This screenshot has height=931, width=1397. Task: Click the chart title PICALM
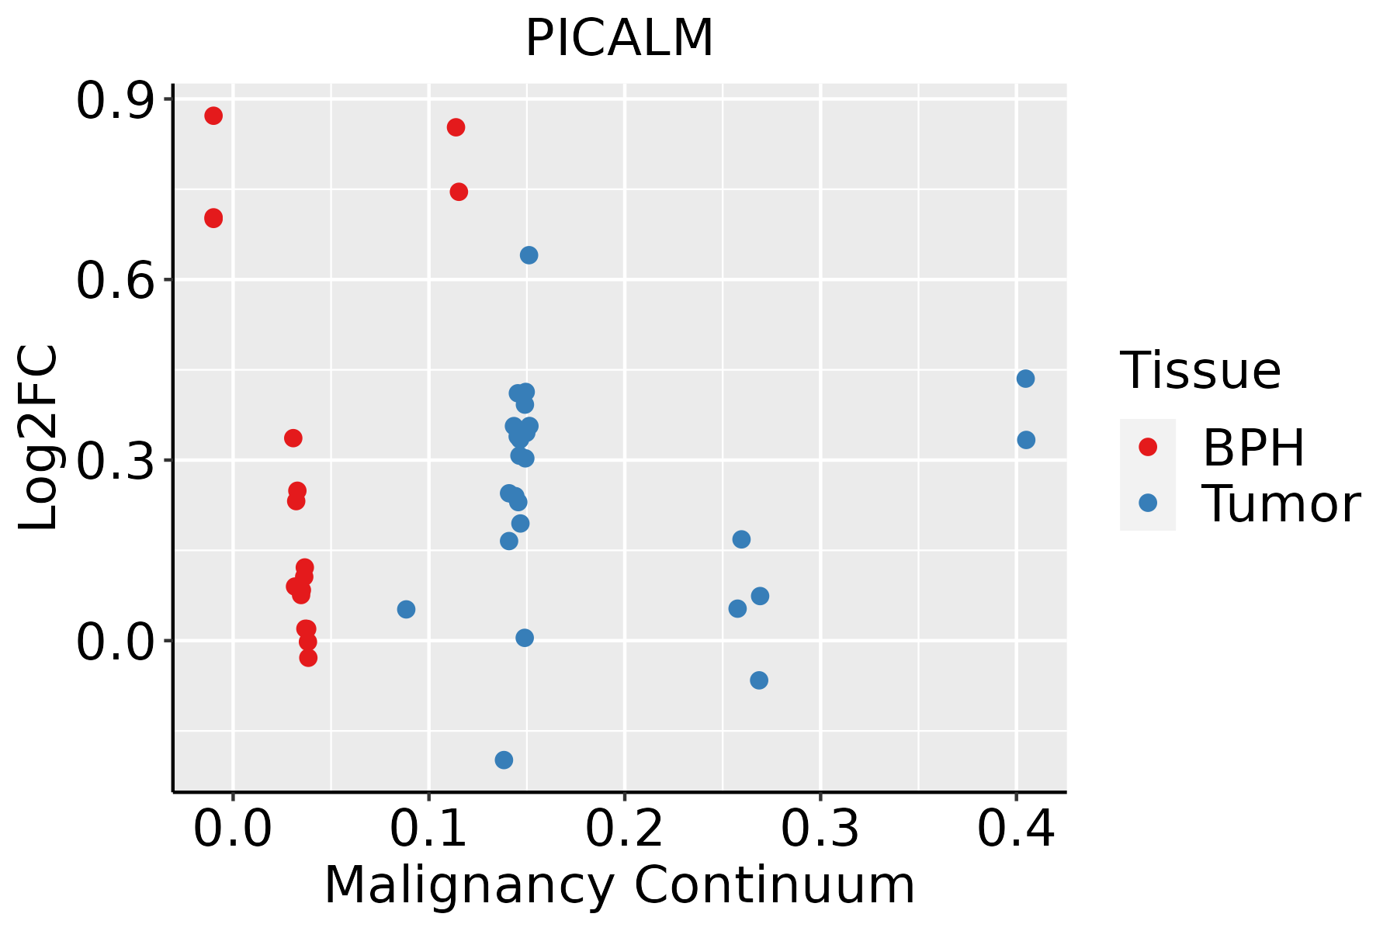coord(619,39)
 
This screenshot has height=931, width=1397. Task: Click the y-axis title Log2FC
coord(39,438)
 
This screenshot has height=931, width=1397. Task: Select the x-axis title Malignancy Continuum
coord(619,885)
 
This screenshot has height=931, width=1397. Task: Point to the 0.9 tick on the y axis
coord(114,102)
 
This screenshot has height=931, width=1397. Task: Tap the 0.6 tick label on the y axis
coord(114,281)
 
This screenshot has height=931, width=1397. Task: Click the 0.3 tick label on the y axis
coord(114,461)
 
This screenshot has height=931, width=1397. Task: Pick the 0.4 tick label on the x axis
coord(1015,829)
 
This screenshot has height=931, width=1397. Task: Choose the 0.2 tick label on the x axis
coord(624,829)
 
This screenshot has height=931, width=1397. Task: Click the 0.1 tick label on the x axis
coord(428,829)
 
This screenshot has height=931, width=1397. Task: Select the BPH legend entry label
coord(1253,448)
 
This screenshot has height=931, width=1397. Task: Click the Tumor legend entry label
coord(1281,504)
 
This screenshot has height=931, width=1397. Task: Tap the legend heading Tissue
coord(1201,371)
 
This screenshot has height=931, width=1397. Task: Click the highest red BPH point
coord(213,116)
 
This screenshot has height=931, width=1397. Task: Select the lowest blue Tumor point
coord(504,760)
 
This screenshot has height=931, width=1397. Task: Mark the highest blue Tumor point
coord(529,255)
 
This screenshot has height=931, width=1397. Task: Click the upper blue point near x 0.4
coord(1025,379)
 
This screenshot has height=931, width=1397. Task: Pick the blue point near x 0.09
coord(406,609)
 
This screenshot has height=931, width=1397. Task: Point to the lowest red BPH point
coord(308,658)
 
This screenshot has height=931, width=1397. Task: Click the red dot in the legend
coord(1147,446)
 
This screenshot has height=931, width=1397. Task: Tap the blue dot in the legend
coord(1147,503)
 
